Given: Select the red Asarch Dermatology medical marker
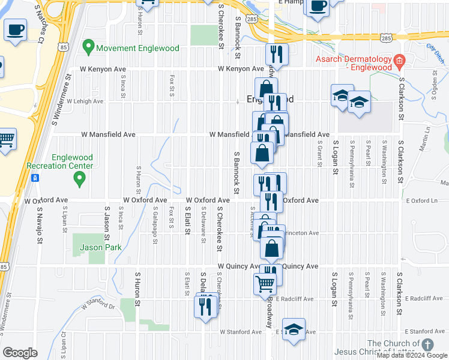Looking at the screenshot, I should coord(399,60).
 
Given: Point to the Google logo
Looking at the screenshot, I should coord(20,353).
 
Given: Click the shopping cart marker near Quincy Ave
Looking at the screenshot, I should coord(265,284).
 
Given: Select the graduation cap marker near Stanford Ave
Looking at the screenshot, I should coord(294,329).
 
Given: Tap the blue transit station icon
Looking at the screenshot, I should coord(35,178).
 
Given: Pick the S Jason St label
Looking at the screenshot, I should coord(107,223).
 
